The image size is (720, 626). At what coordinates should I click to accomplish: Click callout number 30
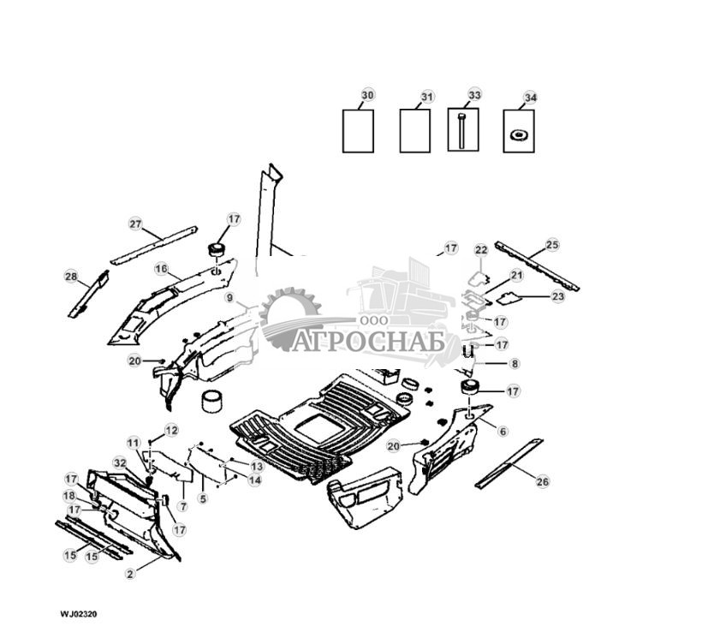(367, 94)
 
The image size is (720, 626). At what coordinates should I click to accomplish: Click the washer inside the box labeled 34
(517, 135)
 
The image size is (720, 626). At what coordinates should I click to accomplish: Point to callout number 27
(135, 224)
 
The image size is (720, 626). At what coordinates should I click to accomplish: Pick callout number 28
(71, 276)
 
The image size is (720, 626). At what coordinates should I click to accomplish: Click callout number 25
(552, 245)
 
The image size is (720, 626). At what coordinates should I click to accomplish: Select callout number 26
(542, 482)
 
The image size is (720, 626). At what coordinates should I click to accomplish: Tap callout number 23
(558, 296)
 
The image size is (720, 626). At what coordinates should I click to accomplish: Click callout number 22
(481, 249)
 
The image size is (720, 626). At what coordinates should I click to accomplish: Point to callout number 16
(161, 269)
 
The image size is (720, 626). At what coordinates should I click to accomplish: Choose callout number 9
(229, 297)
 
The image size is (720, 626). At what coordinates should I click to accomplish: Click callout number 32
(119, 462)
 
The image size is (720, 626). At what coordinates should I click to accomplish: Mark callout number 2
(130, 574)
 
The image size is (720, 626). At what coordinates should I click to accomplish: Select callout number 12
(172, 430)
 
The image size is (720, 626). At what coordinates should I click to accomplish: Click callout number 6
(503, 432)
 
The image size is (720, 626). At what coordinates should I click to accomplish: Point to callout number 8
(514, 363)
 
